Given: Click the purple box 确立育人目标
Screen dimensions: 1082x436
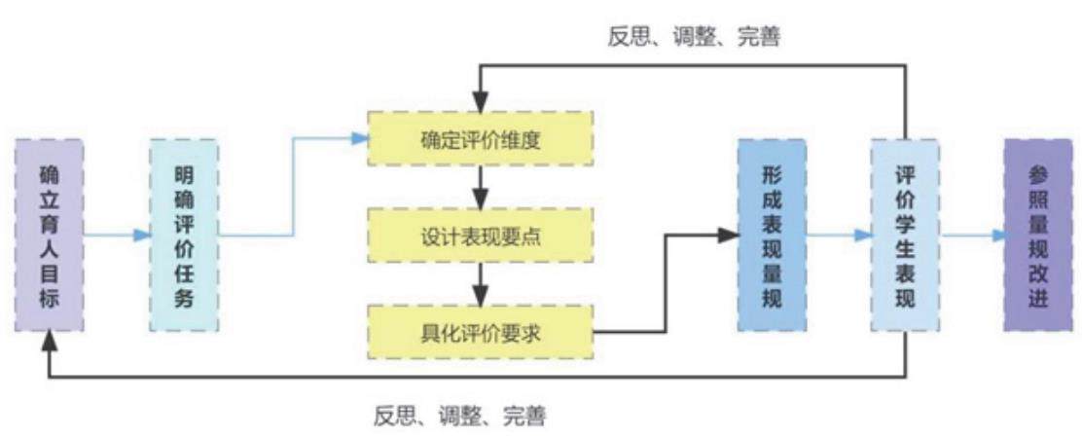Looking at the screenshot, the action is pyautogui.click(x=49, y=236).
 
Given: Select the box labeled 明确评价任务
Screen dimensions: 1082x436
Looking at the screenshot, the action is pyautogui.click(x=184, y=236).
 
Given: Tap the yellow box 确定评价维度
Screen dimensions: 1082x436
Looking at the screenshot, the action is pyautogui.click(x=481, y=138).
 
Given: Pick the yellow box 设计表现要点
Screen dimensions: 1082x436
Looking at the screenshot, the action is pyautogui.click(x=481, y=236).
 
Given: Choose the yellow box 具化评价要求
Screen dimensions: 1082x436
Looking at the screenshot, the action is pyautogui.click(x=481, y=333).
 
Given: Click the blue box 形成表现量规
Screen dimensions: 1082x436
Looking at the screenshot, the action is pyautogui.click(x=772, y=236).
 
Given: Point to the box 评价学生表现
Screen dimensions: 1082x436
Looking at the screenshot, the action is pyautogui.click(x=905, y=236).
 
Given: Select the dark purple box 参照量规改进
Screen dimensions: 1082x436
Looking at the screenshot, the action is pyautogui.click(x=1038, y=236).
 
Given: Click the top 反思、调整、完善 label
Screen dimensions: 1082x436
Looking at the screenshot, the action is pyautogui.click(x=694, y=37).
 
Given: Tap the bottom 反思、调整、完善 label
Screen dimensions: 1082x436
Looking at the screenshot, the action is pyautogui.click(x=460, y=416).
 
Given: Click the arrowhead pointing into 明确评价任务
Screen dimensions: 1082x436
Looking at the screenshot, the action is pyautogui.click(x=142, y=236).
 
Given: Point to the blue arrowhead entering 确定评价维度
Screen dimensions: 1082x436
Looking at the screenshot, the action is pyautogui.click(x=359, y=138).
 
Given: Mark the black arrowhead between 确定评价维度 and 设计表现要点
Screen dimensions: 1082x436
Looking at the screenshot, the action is pyautogui.click(x=481, y=200).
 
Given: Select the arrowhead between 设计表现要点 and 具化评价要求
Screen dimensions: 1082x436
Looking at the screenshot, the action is pyautogui.click(x=481, y=298).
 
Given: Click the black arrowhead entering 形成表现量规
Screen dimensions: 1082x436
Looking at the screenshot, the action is pyautogui.click(x=728, y=236).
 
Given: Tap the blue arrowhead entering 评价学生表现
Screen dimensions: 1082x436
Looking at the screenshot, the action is pyautogui.click(x=862, y=236).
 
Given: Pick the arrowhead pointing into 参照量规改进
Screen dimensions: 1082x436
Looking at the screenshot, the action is pyautogui.click(x=995, y=236).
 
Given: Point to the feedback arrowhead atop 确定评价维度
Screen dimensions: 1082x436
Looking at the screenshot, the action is pyautogui.click(x=481, y=104).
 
